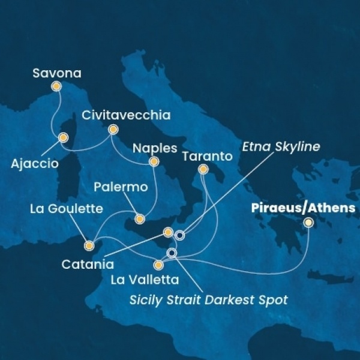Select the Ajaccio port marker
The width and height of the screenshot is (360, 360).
[x=62, y=138]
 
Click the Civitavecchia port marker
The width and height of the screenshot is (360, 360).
[x=112, y=129]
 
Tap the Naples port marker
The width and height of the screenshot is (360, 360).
[x=154, y=161]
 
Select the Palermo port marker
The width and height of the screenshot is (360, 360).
[x=140, y=219]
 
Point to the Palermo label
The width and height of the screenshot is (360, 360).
[x=121, y=188]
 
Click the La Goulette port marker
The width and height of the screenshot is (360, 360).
[x=89, y=245]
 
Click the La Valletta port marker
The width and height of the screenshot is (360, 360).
[x=158, y=265]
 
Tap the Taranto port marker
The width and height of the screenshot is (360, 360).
[x=203, y=170]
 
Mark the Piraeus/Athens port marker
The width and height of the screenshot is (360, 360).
[x=308, y=223]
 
